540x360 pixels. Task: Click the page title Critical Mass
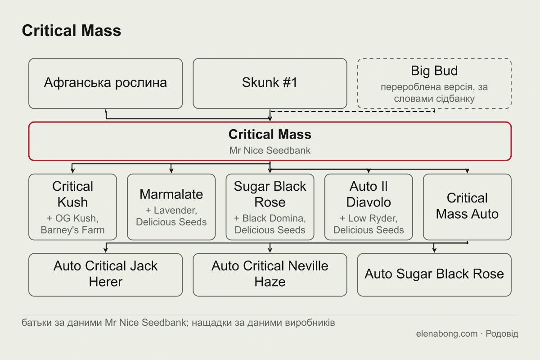pos(72,31)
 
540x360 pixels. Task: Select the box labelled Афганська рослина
pos(106,83)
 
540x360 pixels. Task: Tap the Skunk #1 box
pos(270,83)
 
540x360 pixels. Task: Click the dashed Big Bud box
pos(434,83)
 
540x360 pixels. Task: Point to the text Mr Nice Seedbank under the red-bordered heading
pos(270,150)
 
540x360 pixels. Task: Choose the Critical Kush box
pos(72,207)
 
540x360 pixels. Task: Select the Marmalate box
pos(171,207)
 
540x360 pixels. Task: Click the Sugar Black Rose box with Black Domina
pos(270,207)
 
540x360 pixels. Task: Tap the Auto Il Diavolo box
pos(369,207)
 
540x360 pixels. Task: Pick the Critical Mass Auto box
pos(467,207)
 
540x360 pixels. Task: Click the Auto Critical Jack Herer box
pos(106,274)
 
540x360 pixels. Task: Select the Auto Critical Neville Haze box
pos(270,274)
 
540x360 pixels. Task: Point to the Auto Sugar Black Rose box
pos(434,274)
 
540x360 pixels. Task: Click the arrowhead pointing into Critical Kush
pos(72,171)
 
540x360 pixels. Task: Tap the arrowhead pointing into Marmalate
pos(171,171)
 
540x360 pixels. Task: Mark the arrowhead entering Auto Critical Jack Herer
pos(106,250)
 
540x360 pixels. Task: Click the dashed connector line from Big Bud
pos(352,112)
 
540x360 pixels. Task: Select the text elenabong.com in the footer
pos(447,334)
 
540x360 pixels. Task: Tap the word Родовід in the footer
pos(502,334)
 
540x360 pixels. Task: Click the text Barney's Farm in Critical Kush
pos(72,230)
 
